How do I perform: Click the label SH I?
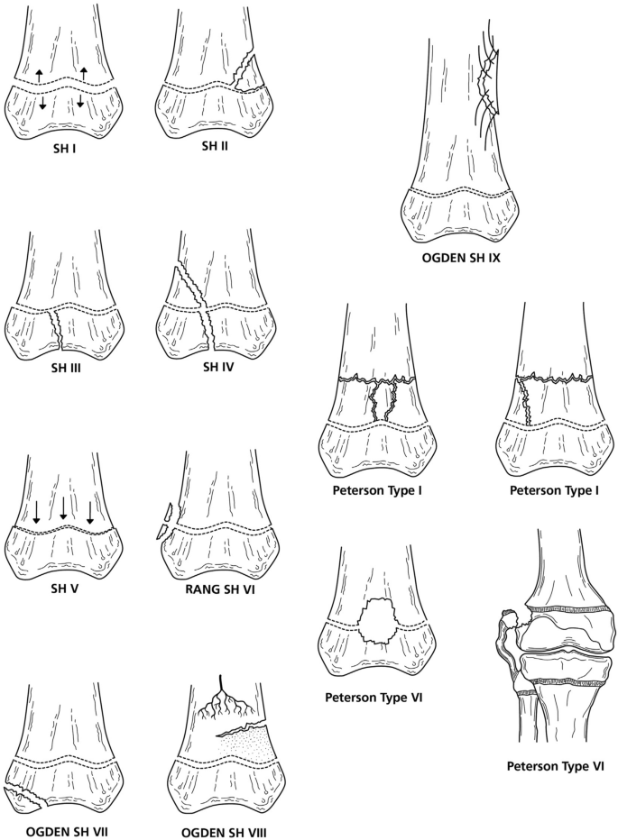(x=60, y=148)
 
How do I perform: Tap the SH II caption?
(x=211, y=146)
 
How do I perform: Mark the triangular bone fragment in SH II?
(x=244, y=71)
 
